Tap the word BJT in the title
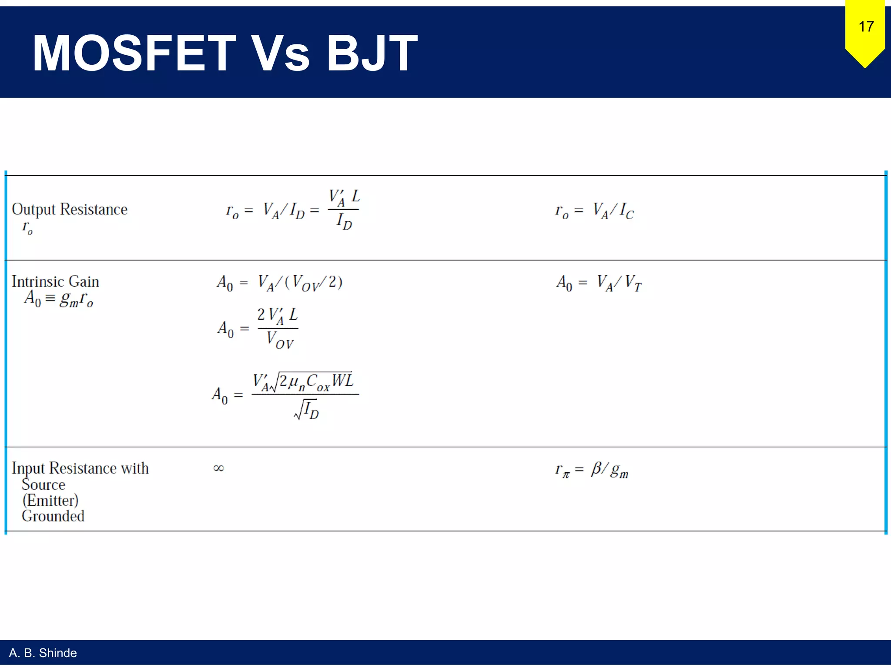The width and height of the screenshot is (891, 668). click(372, 53)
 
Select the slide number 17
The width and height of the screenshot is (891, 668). click(866, 27)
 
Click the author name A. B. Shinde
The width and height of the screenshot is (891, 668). click(43, 653)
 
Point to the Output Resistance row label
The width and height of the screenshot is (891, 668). click(70, 210)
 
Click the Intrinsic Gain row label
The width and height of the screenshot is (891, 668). click(55, 282)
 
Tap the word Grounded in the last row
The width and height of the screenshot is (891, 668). click(53, 516)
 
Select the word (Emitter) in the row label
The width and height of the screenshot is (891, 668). click(50, 501)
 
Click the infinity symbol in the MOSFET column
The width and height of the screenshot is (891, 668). click(218, 468)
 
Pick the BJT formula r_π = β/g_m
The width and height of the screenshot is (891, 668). click(592, 470)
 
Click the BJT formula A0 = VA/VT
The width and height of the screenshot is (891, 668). click(599, 283)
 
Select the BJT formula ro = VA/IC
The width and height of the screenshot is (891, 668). click(594, 211)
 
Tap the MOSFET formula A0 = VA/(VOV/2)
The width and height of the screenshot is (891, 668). click(280, 283)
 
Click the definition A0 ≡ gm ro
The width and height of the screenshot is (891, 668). click(59, 299)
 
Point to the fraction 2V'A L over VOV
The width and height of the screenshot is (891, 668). click(278, 328)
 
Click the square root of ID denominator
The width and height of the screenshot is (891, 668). click(307, 410)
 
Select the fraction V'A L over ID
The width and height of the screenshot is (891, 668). click(344, 209)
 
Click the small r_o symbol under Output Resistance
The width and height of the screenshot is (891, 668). click(27, 227)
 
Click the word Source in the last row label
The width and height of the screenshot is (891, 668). click(44, 484)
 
